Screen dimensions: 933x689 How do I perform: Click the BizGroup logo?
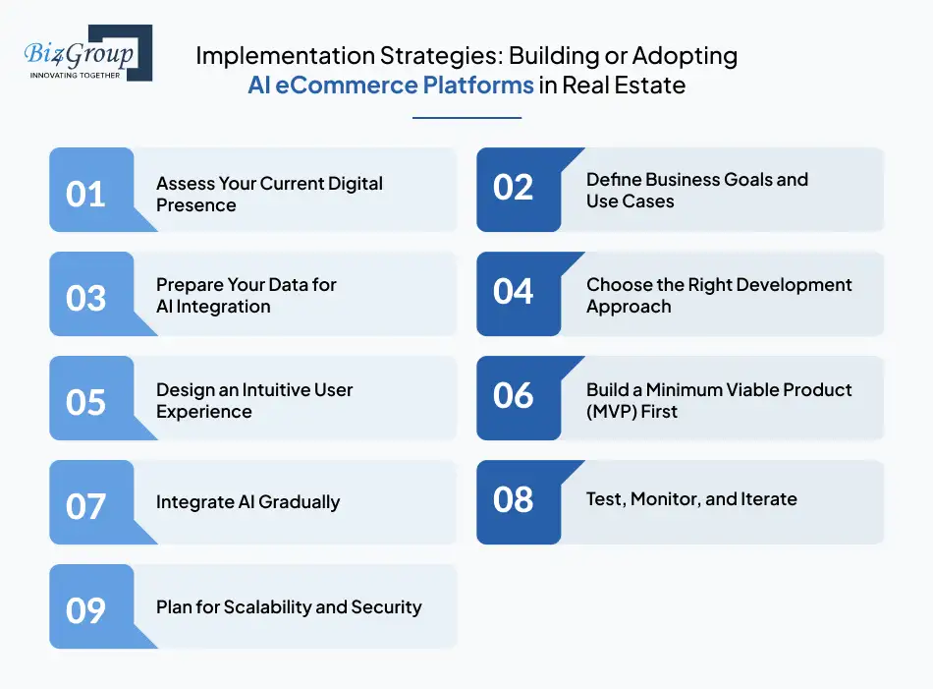tap(87, 53)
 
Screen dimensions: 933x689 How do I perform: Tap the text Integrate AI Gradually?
tap(248, 502)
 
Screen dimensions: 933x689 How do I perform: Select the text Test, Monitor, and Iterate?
tap(691, 499)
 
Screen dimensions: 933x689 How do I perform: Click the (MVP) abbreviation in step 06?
tap(611, 412)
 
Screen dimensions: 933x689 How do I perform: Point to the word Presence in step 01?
tap(196, 204)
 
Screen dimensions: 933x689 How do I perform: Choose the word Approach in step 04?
tap(629, 307)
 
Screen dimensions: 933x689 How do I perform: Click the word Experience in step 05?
tap(204, 412)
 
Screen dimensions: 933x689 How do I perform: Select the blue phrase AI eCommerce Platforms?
tap(391, 86)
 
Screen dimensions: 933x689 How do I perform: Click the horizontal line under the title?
tap(467, 118)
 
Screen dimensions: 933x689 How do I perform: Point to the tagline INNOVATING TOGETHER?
tap(75, 76)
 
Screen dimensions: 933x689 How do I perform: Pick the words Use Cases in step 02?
tap(631, 201)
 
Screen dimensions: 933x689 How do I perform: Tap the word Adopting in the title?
tap(685, 56)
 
